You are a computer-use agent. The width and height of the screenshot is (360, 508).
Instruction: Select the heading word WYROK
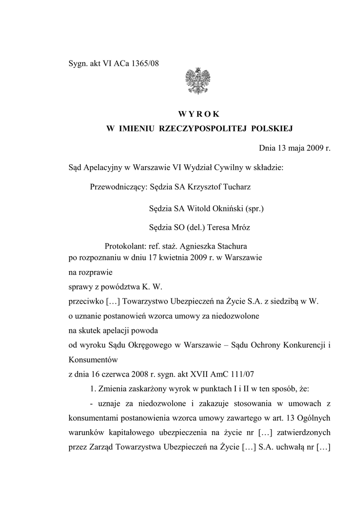pyautogui.click(x=200, y=114)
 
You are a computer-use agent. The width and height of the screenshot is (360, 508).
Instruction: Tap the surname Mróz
pyautogui.click(x=240, y=228)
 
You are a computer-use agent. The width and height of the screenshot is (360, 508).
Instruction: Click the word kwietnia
pyautogui.click(x=167, y=258)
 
